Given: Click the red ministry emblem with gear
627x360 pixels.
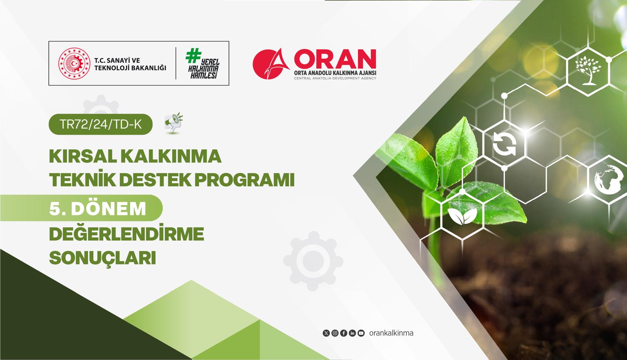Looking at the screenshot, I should pos(72,63).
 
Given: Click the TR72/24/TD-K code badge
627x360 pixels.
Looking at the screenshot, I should pos(100,124).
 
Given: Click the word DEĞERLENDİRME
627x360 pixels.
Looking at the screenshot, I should pos(127,234).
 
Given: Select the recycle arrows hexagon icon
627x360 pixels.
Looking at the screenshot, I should pos(504,143).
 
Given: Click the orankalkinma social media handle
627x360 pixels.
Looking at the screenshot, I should pos(391,333).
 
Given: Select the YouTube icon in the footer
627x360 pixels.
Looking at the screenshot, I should pos(361,333).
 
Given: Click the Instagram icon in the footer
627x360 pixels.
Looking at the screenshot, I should pos(335,333).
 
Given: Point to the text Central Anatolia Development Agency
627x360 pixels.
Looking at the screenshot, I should pos(335,78).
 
